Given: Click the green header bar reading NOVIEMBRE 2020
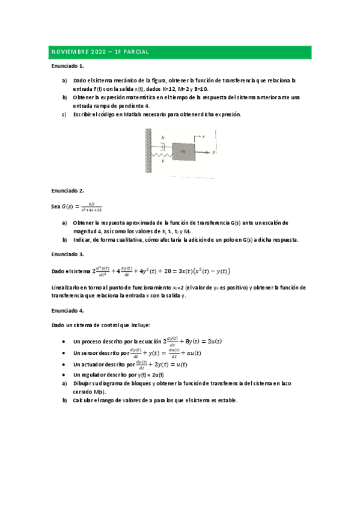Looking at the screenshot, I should point(180,52).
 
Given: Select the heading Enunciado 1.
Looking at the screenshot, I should point(67,66).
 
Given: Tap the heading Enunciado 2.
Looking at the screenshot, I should point(67,191).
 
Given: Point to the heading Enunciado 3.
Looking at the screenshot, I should point(67,254).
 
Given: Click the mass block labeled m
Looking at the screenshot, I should point(183,153).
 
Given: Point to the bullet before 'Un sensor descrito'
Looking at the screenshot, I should point(64,353).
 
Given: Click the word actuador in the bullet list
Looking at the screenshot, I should point(94,364).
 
